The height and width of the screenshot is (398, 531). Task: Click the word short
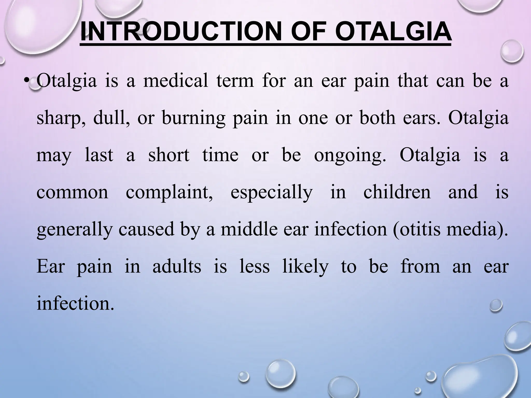point(169,155)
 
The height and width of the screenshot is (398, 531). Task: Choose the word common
point(72,193)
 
